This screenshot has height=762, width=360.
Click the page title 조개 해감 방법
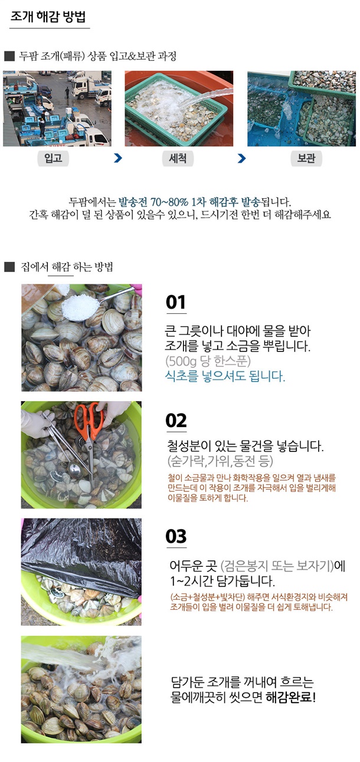[x=48, y=17]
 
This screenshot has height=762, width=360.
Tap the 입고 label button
[x=53, y=158]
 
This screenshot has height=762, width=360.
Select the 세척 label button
[x=178, y=158]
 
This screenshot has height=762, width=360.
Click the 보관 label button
[x=306, y=158]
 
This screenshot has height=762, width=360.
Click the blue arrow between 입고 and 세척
[x=117, y=158]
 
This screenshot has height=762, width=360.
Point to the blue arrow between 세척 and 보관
[x=241, y=158]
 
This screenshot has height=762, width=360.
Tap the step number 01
[x=176, y=302]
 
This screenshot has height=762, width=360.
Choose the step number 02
[x=176, y=421]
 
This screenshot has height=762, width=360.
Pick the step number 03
[x=176, y=537]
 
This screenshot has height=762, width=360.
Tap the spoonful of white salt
[x=79, y=307]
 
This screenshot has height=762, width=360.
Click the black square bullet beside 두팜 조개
[x=9, y=56]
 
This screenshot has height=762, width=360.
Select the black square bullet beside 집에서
[x=9, y=267]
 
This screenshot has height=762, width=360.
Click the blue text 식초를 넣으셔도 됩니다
[x=225, y=376]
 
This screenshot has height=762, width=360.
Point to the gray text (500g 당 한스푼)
[x=208, y=362]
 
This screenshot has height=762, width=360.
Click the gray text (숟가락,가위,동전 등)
[x=220, y=461]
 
